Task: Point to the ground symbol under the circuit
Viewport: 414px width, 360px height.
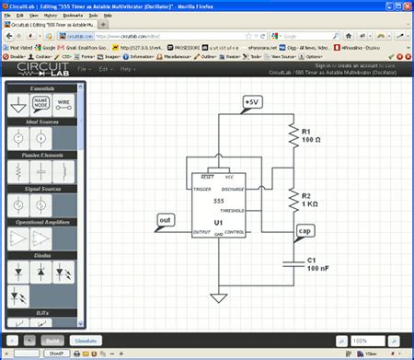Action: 218,297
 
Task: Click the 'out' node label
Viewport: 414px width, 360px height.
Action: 166,220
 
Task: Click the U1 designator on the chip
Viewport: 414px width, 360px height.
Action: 219,224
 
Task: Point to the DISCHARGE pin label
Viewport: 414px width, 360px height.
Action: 234,188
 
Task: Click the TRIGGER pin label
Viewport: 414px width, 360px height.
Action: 203,188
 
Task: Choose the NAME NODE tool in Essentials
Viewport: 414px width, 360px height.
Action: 43,107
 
